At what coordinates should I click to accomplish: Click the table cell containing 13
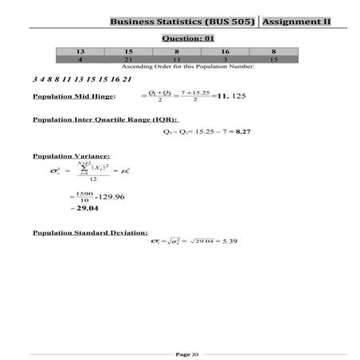pyautogui.click(x=80, y=50)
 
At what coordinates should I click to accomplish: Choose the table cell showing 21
pyautogui.click(x=128, y=58)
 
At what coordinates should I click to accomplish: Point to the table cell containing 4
pyautogui.click(x=80, y=58)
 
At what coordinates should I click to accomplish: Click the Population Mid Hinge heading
pyautogui.click(x=73, y=96)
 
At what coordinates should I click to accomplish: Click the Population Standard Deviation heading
pyautogui.click(x=89, y=232)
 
